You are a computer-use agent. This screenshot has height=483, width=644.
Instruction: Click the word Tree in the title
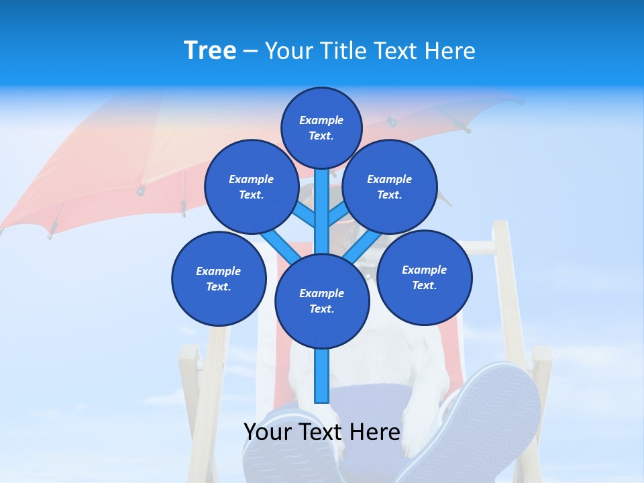[210, 51]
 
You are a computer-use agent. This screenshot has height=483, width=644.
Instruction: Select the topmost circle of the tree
[321, 127]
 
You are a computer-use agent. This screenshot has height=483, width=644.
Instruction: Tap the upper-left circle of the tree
[251, 186]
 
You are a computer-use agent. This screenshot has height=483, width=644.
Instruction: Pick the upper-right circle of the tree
[390, 186]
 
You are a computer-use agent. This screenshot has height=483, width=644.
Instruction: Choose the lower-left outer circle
[219, 278]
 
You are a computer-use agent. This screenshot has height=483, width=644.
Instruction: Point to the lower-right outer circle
[424, 277]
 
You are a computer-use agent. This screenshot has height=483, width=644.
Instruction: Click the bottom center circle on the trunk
[322, 301]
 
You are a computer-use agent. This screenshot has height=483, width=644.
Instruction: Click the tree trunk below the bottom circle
[322, 376]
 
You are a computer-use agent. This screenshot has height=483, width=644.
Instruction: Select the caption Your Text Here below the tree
[322, 431]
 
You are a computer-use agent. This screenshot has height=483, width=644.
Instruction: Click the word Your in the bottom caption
[268, 431]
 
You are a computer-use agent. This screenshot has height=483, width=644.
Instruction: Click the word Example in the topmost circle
[321, 120]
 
